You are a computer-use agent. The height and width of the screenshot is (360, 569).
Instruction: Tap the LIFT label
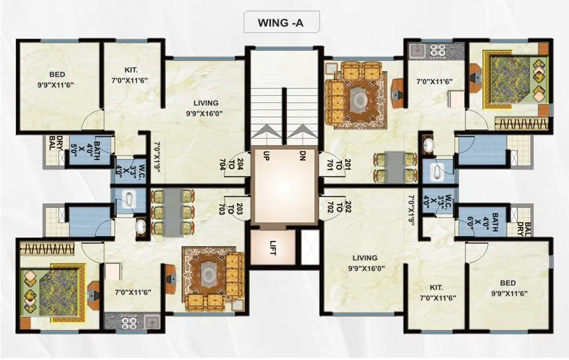click(x=274, y=248)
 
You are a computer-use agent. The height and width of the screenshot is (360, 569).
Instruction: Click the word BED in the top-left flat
click(x=57, y=75)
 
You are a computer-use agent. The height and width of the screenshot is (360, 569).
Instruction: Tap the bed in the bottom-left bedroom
click(x=54, y=286)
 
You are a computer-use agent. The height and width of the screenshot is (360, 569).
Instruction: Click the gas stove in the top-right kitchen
click(x=437, y=50)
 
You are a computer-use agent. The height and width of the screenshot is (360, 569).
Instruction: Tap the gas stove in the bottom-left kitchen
click(x=129, y=323)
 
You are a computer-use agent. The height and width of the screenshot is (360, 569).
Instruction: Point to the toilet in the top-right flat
click(x=435, y=170)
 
